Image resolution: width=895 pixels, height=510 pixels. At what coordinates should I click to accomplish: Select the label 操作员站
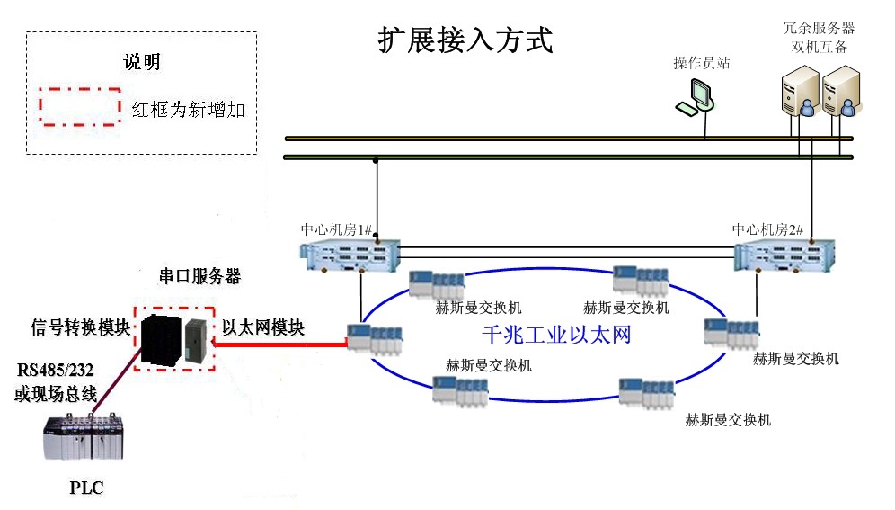pyautogui.click(x=702, y=63)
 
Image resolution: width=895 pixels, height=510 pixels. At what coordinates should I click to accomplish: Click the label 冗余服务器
pyautogui.click(x=819, y=29)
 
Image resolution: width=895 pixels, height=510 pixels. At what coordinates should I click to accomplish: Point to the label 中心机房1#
pyautogui.click(x=337, y=229)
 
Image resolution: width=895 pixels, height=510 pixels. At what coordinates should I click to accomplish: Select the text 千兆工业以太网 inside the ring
pyautogui.click(x=556, y=336)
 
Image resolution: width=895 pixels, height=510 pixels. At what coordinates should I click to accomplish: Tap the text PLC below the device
pyautogui.click(x=86, y=488)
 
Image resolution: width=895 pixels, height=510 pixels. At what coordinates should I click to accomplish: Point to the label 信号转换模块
pyautogui.click(x=81, y=326)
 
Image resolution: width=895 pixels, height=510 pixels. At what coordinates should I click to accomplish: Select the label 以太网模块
pyautogui.click(x=263, y=327)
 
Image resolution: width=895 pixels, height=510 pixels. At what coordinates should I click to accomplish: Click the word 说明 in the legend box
pyautogui.click(x=142, y=62)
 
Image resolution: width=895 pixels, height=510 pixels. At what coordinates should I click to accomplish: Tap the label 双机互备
pyautogui.click(x=819, y=47)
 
